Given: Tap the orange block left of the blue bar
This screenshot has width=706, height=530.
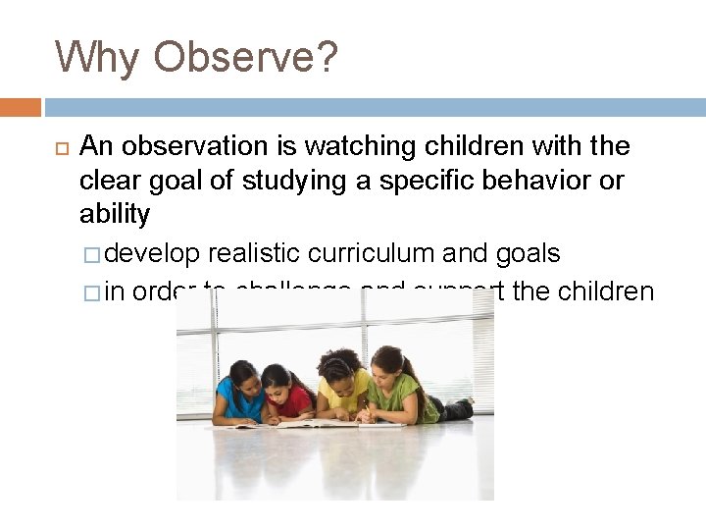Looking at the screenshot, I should (21, 107).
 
